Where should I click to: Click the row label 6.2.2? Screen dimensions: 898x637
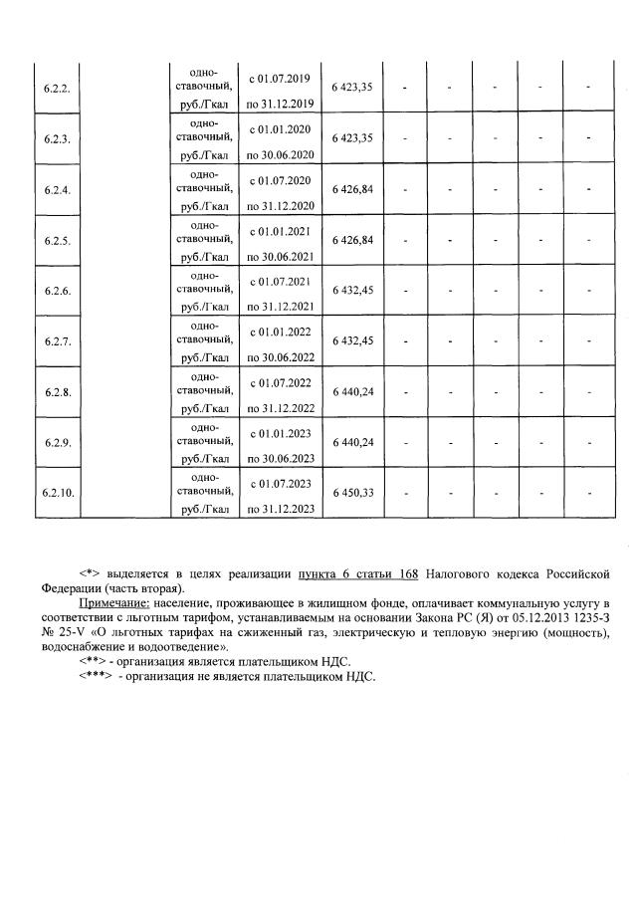(57, 89)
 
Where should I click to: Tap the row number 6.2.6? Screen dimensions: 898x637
(57, 291)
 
